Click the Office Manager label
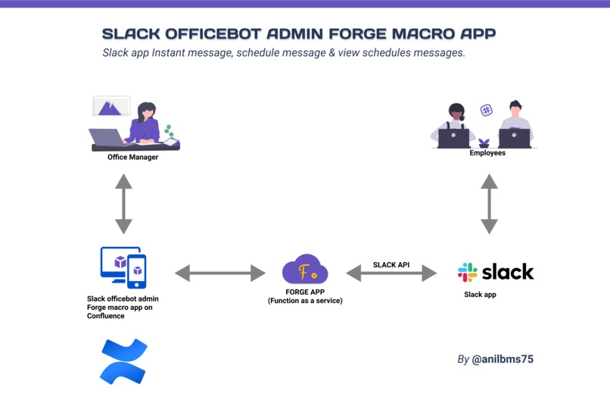132,158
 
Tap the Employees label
487,153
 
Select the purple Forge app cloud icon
304,270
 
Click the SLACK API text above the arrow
391,265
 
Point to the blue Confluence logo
123,361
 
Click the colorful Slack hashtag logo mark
468,272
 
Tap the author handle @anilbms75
503,359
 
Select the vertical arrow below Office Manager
123,204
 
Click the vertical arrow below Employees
490,204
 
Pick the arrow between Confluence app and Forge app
220,273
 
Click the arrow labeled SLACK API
391,274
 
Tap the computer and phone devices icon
123,267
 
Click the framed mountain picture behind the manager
111,106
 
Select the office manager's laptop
106,137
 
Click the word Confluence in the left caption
106,316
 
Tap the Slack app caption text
480,295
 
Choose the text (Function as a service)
305,301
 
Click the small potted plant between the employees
484,142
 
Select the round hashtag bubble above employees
487,111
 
